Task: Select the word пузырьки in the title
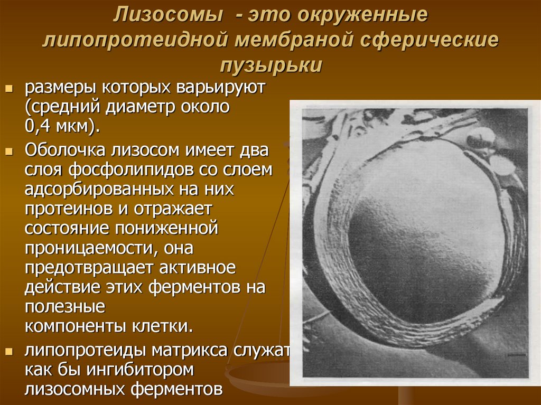click(x=270, y=65)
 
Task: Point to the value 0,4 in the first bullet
click(x=40, y=126)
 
